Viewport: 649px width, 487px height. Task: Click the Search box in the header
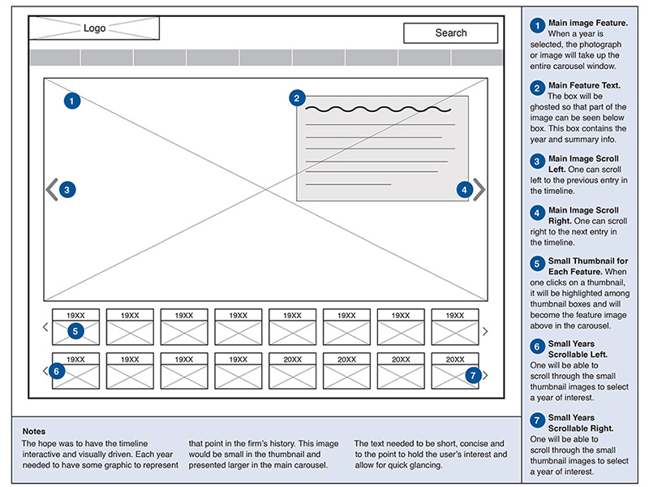[450, 33]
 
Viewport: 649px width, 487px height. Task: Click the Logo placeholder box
[94, 28]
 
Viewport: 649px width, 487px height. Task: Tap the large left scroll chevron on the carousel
[52, 190]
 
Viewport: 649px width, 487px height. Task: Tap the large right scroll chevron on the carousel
[479, 190]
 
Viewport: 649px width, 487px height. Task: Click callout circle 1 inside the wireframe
[72, 101]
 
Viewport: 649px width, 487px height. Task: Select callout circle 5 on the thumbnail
[75, 331]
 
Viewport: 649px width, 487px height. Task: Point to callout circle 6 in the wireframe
[55, 371]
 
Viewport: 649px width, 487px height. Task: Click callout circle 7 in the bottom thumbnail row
[475, 375]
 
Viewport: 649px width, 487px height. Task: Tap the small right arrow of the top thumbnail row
[485, 331]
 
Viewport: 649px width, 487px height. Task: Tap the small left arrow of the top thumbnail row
[45, 328]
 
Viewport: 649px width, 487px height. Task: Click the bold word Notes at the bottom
[34, 431]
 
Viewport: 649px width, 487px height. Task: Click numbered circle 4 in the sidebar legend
[537, 213]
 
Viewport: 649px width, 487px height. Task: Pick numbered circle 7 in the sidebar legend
[537, 421]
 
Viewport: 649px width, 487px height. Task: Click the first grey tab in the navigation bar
[54, 58]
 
